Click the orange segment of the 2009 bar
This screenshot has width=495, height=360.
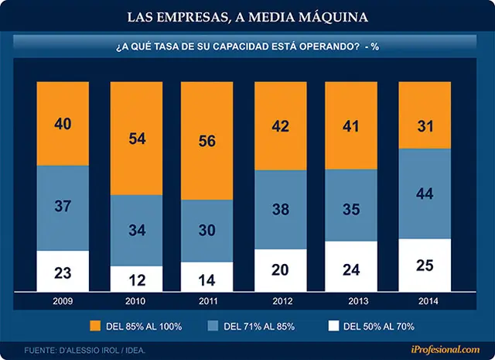(x=63, y=124)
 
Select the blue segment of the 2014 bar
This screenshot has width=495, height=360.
(x=425, y=194)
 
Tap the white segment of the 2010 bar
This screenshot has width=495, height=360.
(x=136, y=279)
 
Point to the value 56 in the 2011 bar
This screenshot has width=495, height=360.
(x=207, y=141)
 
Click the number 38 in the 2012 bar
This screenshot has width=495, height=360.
(x=281, y=209)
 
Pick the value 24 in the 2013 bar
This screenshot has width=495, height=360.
(x=351, y=270)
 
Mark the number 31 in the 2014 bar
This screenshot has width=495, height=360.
(x=425, y=126)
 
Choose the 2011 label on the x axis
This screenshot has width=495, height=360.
(x=208, y=301)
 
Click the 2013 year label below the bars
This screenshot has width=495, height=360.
(x=358, y=301)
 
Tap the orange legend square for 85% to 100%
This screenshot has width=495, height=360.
(x=95, y=326)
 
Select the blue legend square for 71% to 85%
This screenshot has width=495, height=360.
(x=213, y=326)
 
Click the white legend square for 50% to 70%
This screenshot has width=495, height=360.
(x=333, y=326)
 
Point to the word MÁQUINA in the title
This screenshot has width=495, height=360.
(x=333, y=17)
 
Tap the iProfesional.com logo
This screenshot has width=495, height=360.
(x=445, y=349)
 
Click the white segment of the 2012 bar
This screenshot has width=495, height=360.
(x=281, y=270)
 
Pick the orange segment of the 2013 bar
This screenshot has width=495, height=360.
(x=351, y=125)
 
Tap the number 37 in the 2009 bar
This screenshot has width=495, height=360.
(x=63, y=206)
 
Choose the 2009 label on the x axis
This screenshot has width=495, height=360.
(x=63, y=301)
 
